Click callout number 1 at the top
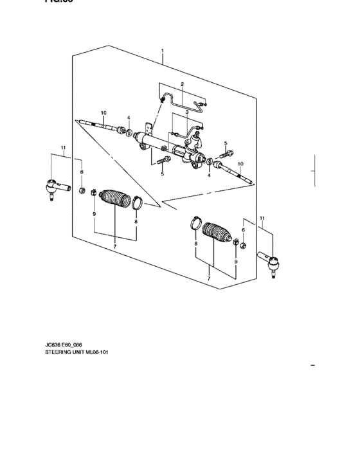tap(163, 50)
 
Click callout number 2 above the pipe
tap(183, 84)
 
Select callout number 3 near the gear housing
tap(186, 111)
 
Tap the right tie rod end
tap(272, 262)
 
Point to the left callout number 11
tap(64, 148)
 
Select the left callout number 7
tap(114, 246)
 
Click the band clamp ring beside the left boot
tap(138, 205)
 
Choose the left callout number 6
tap(82, 172)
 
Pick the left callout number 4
tap(129, 118)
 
